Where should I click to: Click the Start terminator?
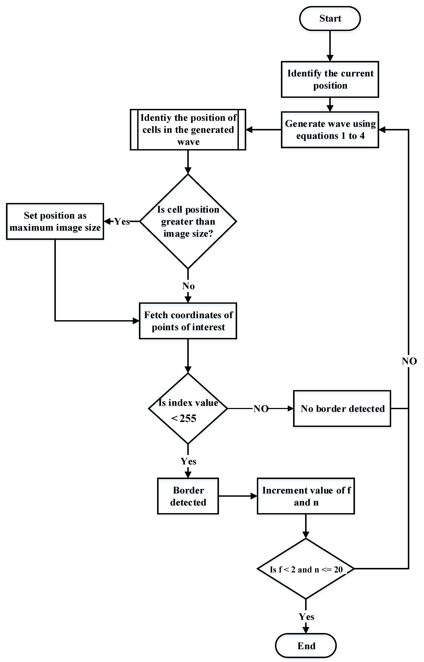(x=330, y=18)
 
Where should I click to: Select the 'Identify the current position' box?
(x=330, y=79)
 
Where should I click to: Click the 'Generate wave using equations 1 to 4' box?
(x=330, y=130)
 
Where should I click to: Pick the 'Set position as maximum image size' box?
(x=55, y=221)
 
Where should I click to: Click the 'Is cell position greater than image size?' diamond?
(x=188, y=221)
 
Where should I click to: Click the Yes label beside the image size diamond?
(x=122, y=221)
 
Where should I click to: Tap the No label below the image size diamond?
(x=188, y=286)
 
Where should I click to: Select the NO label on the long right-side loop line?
(x=409, y=361)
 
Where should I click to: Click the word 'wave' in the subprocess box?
(x=188, y=142)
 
